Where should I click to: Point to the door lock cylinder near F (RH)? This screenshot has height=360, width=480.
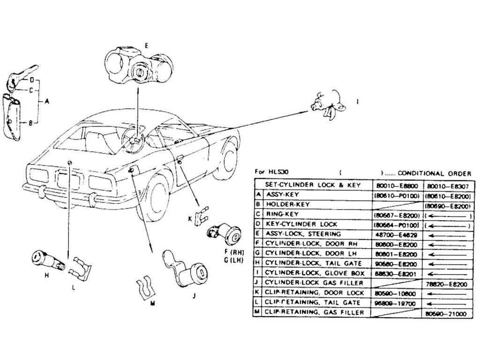(224, 233)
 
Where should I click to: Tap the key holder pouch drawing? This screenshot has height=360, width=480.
(12, 117)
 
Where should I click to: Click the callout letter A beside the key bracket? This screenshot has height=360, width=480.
(46, 100)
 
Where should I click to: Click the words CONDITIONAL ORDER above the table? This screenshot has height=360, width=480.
(434, 173)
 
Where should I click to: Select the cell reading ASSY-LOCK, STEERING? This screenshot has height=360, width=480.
(304, 233)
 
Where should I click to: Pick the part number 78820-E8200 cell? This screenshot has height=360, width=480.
(448, 284)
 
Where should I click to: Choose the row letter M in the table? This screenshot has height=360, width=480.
(258, 312)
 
